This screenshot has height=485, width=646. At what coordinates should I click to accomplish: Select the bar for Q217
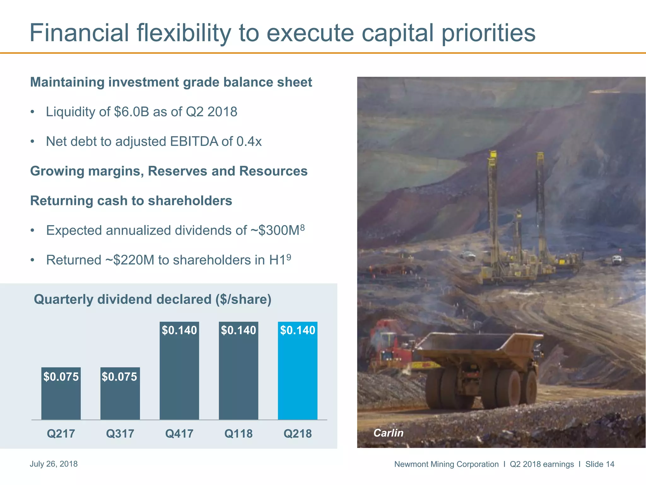click(x=61, y=398)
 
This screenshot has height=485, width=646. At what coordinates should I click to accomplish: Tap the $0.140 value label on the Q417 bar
click(x=179, y=330)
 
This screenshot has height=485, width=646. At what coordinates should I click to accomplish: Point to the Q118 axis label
click(x=238, y=434)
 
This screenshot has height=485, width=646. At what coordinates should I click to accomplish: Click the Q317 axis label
click(x=120, y=434)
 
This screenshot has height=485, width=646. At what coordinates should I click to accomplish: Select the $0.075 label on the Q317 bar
click(x=120, y=377)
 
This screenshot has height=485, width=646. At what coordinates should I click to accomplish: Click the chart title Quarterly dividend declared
click(x=152, y=299)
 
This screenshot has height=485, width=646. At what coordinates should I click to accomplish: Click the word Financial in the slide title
click(x=79, y=33)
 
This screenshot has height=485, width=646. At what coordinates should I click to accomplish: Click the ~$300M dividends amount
click(x=274, y=231)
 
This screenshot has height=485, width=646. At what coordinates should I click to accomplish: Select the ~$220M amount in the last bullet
click(x=129, y=260)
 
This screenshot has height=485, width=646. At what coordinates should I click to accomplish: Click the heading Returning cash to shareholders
click(x=131, y=201)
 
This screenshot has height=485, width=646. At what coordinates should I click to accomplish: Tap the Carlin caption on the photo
click(x=388, y=433)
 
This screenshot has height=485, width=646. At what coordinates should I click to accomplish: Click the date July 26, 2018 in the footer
click(x=54, y=464)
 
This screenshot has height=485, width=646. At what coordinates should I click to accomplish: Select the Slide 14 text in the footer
click(x=600, y=464)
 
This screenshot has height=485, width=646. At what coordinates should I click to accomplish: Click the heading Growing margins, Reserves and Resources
click(x=169, y=171)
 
